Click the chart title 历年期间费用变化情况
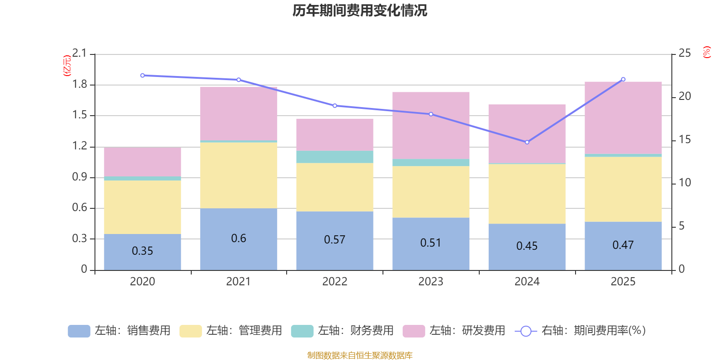pyautogui.click(x=360, y=11)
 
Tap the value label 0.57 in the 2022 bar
pyautogui.click(x=334, y=240)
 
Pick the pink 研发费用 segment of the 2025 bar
pyautogui.click(x=623, y=117)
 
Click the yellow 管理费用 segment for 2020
pyautogui.click(x=143, y=207)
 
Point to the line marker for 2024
pyautogui.click(x=527, y=142)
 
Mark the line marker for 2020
pyautogui.click(x=143, y=76)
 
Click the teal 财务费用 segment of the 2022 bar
pyautogui.click(x=334, y=157)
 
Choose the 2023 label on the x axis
pyautogui.click(x=431, y=282)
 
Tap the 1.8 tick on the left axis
pyautogui.click(x=80, y=85)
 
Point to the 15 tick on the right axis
pyautogui.click(x=684, y=139)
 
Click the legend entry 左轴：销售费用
pyautogui.click(x=119, y=331)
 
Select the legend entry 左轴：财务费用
pyautogui.click(x=342, y=331)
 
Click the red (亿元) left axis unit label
pyautogui.click(x=67, y=66)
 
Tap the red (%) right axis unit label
pyautogui.click(x=706, y=52)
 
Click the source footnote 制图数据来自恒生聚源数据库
pyautogui.click(x=360, y=355)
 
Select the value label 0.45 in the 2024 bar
pyautogui.click(x=527, y=246)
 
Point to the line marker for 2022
pyautogui.click(x=334, y=106)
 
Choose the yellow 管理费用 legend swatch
pyautogui.click(x=190, y=331)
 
